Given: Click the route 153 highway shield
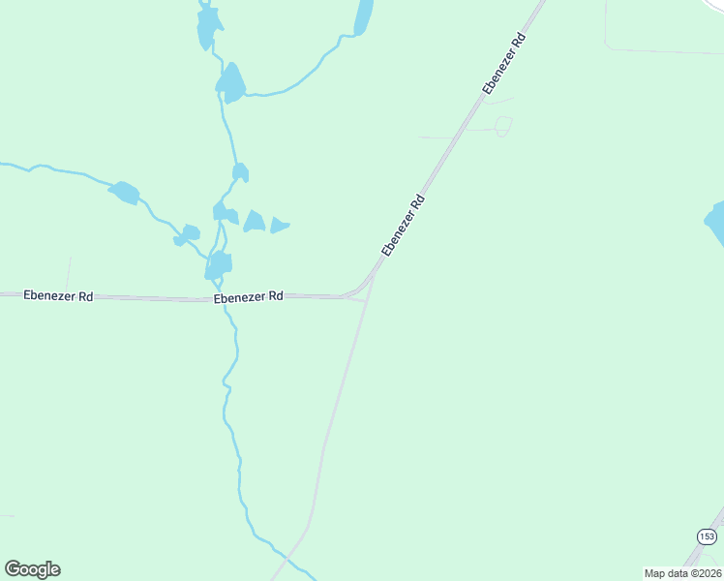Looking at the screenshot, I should coord(707,536).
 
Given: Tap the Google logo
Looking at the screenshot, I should coord(32,569).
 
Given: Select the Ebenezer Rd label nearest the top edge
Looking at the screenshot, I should coord(503,64).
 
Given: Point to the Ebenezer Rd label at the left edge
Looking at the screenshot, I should coord(58,295).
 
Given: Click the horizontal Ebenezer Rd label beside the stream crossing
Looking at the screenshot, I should coord(248,296).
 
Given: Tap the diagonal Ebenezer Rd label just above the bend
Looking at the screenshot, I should coord(404,226).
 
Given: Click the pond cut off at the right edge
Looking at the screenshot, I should coord(716,223).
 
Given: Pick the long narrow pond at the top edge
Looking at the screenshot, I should coord(364,16).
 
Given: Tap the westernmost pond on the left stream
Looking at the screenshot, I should coord(125,193).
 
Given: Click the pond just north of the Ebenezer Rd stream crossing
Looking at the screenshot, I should coord(221,263).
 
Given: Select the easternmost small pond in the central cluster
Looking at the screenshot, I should coord(279,226).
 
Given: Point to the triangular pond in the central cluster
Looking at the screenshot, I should coord(255,222).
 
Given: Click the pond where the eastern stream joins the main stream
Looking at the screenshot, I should coord(230,84).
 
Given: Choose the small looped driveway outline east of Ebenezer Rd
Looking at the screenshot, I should coord(502,126).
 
